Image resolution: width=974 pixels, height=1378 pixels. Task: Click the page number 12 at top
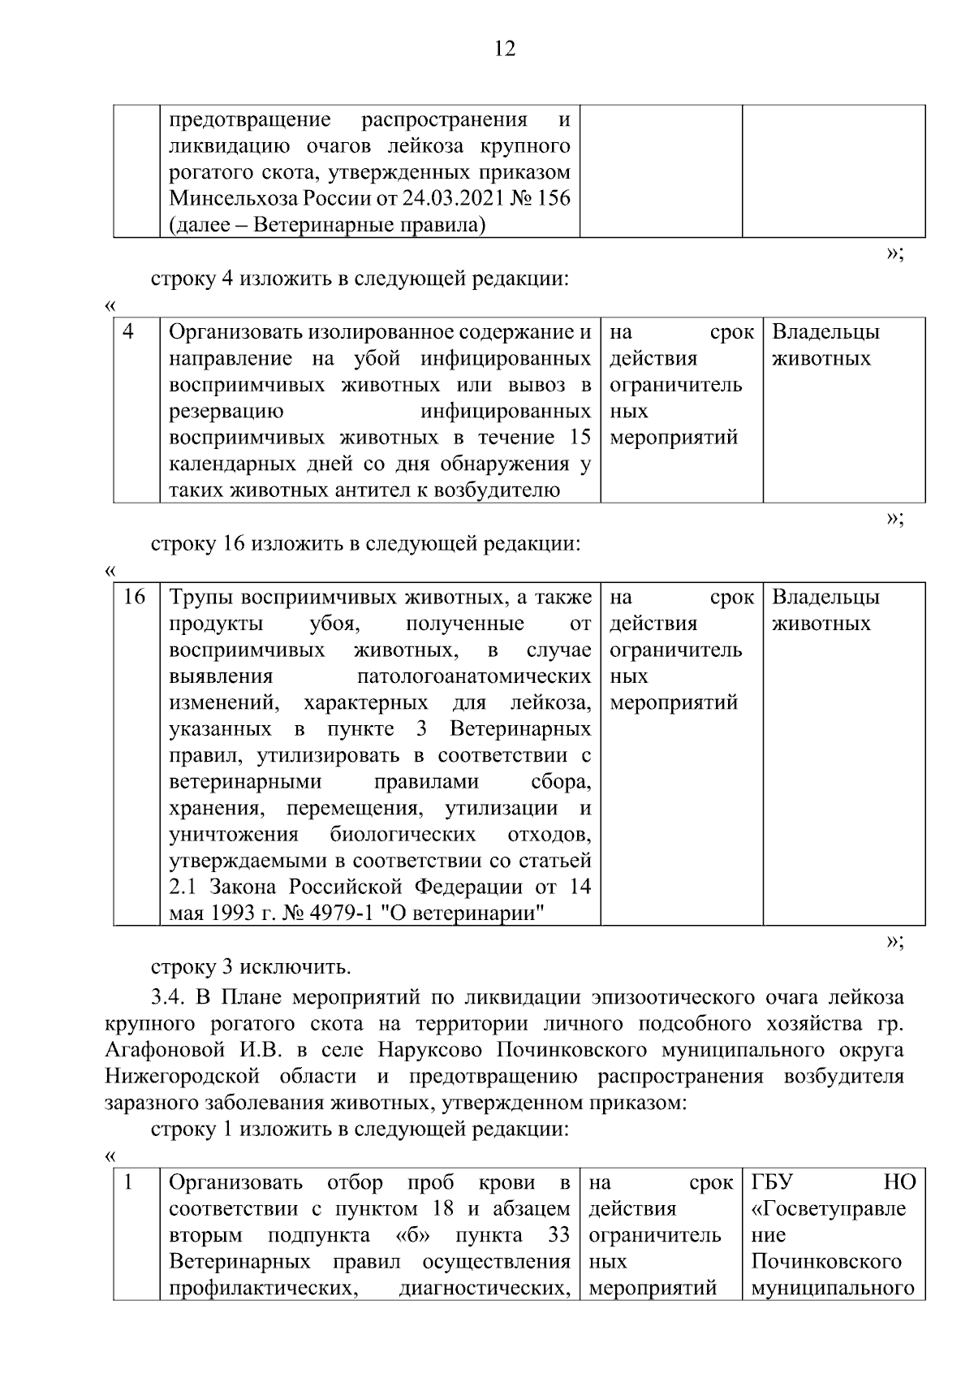pyautogui.click(x=504, y=50)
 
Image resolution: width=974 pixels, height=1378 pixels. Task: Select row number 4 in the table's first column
pyautogui.click(x=128, y=332)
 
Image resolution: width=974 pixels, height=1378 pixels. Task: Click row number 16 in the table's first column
pyautogui.click(x=134, y=598)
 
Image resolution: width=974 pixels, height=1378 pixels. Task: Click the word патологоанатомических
pyautogui.click(x=474, y=676)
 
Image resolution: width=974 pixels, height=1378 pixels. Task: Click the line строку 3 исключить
pyautogui.click(x=251, y=967)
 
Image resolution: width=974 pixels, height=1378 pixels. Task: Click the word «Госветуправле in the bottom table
pyautogui.click(x=828, y=1209)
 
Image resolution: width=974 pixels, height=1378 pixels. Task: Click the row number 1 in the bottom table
pyautogui.click(x=128, y=1182)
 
